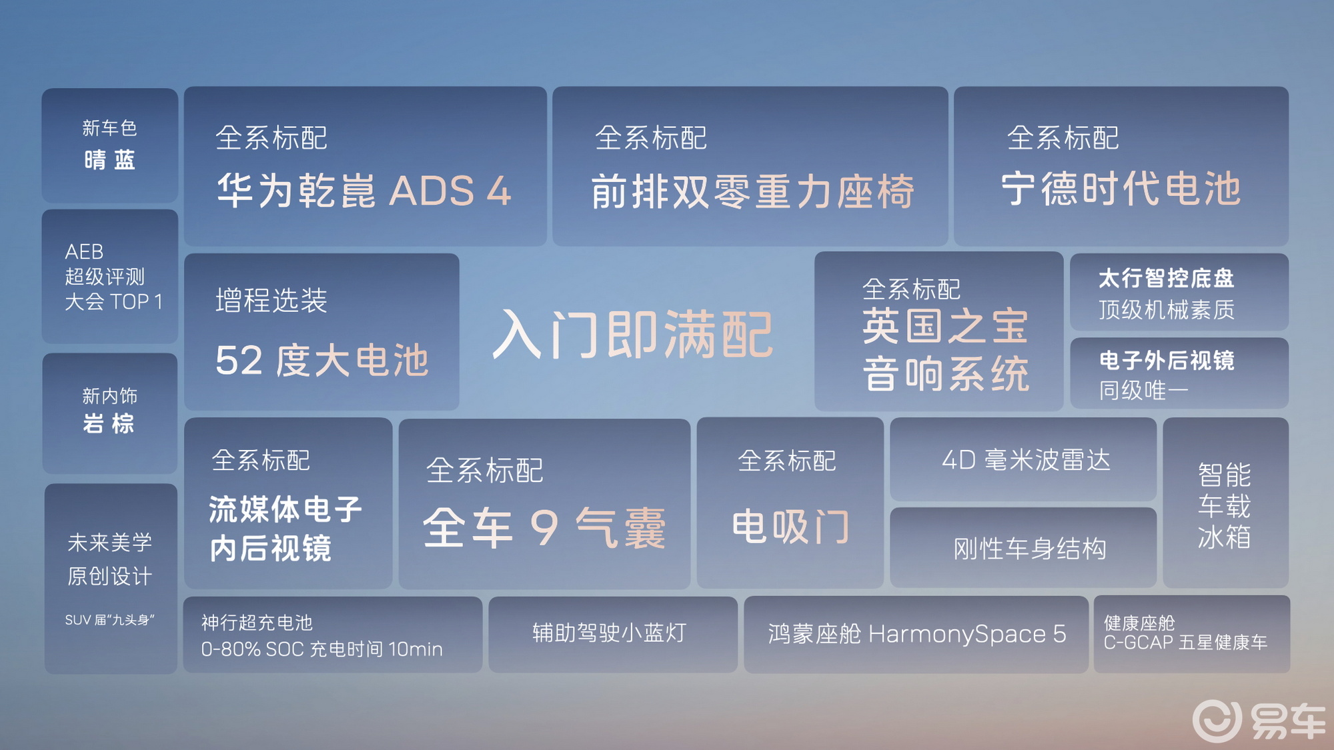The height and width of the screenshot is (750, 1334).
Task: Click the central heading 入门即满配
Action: click(632, 335)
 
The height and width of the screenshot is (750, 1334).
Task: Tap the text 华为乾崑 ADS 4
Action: click(364, 191)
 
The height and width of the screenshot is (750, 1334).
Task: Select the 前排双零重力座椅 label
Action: click(752, 191)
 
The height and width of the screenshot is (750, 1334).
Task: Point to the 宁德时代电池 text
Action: click(1121, 189)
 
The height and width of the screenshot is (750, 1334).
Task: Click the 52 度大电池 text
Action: click(321, 361)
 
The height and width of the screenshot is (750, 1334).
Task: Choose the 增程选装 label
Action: click(271, 300)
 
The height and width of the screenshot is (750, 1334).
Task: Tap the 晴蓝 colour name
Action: click(110, 160)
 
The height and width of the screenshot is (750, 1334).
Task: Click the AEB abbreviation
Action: click(84, 251)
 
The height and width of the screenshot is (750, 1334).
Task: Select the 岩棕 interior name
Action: click(109, 423)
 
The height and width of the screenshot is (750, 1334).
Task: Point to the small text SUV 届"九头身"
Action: click(109, 620)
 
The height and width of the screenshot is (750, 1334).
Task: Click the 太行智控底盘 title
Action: click(1167, 278)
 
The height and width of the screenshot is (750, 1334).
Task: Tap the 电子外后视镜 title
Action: click(1167, 361)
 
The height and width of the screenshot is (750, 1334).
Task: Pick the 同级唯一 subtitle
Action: click(1143, 390)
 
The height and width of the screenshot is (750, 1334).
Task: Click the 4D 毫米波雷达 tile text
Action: click(1026, 460)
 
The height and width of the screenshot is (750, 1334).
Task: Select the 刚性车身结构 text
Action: click(1030, 549)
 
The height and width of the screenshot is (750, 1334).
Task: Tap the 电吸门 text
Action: click(791, 527)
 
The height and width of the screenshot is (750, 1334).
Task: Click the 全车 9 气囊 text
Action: click(544, 528)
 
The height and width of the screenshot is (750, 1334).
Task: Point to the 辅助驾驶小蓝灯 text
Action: click(610, 633)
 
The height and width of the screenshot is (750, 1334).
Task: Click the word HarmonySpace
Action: click(957, 634)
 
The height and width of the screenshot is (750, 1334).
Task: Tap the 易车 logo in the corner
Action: click(1259, 721)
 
